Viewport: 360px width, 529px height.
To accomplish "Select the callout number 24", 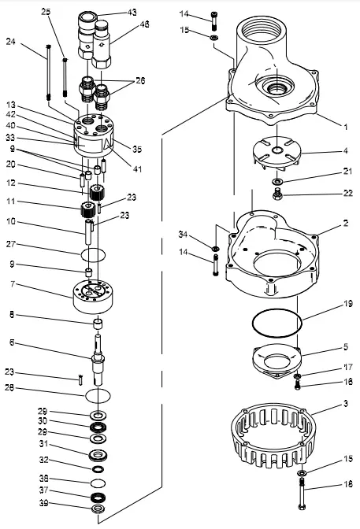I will pos(10,41).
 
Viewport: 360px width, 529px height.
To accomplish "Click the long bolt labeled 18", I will pos(303,496).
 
